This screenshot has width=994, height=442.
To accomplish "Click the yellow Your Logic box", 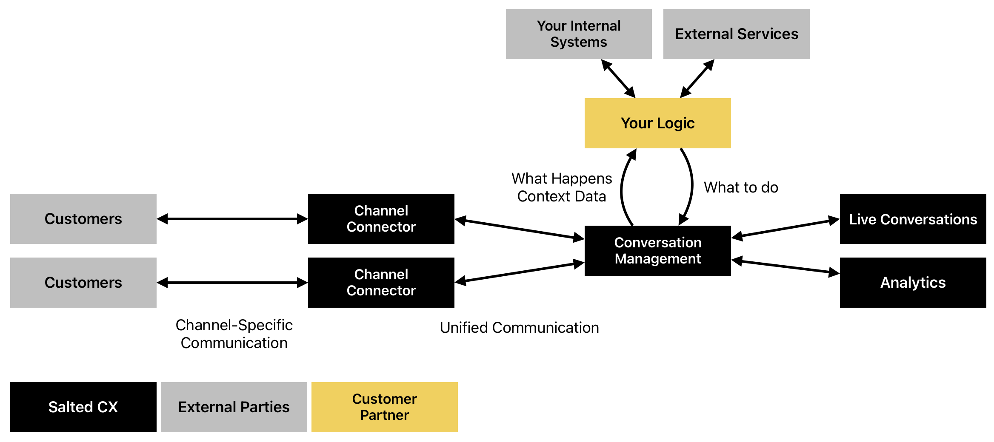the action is click(x=657, y=123).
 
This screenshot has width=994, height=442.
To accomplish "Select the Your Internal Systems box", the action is click(x=579, y=34).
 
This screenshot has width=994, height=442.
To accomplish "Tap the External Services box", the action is click(x=737, y=34).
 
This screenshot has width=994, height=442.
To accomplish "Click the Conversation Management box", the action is click(x=657, y=251).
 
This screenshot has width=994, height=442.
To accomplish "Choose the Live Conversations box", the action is click(x=913, y=219).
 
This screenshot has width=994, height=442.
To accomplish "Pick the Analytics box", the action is click(x=913, y=283).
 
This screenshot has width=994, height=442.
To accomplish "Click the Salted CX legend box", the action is click(x=83, y=407).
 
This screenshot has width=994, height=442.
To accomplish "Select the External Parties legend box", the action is click(x=234, y=407).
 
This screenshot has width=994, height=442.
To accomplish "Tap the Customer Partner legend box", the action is click(x=385, y=407).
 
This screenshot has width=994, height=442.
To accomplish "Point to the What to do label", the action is click(x=741, y=187).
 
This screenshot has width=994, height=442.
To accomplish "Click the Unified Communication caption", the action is click(x=519, y=328).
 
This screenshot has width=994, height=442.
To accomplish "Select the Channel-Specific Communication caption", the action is click(x=234, y=334).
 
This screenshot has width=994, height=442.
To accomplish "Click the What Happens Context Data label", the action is click(x=562, y=187).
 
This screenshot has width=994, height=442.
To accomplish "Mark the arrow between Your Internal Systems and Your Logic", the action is click(x=618, y=79).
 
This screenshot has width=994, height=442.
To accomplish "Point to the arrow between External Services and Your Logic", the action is click(x=697, y=79).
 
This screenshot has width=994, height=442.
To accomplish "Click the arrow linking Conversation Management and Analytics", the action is click(x=785, y=267).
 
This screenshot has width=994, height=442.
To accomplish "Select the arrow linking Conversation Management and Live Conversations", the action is click(x=785, y=228).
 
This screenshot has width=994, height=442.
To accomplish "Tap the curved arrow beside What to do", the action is click(x=692, y=186).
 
